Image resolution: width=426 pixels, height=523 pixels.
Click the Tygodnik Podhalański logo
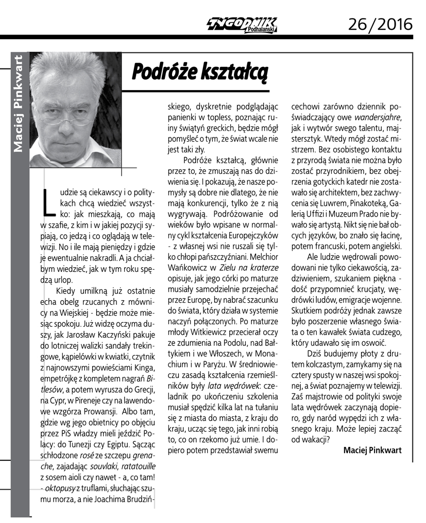tap(243, 24)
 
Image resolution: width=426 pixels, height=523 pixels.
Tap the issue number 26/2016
tap(380, 24)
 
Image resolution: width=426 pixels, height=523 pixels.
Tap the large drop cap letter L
tap(48, 202)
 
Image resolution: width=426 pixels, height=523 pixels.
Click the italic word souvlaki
tap(103, 466)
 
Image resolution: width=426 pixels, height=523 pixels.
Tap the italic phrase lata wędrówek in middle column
tap(232, 399)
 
